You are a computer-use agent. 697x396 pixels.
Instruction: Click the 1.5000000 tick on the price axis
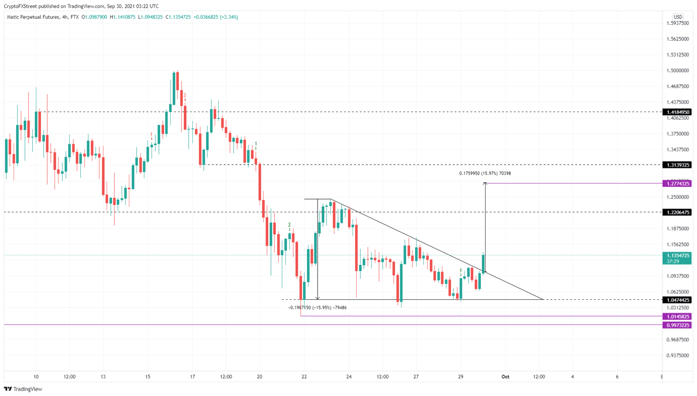coord(677,71)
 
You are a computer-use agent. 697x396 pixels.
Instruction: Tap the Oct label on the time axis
coord(505,377)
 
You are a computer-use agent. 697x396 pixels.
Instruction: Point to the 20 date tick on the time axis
coord(260,377)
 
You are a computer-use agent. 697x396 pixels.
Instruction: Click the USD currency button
coord(678,17)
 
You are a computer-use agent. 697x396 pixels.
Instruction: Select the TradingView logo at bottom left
coord(23,389)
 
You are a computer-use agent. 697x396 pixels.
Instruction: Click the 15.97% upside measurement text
coord(485,173)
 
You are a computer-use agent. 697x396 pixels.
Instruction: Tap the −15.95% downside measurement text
coord(318,308)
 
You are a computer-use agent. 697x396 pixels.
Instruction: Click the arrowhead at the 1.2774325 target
coord(485,183)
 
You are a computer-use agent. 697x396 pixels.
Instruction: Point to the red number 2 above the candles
coord(185,95)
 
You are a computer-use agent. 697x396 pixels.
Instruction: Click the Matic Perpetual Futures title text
coord(33,17)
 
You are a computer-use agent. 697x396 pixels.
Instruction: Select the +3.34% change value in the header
coord(229,17)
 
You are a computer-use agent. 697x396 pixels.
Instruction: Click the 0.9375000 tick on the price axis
coord(677,356)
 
